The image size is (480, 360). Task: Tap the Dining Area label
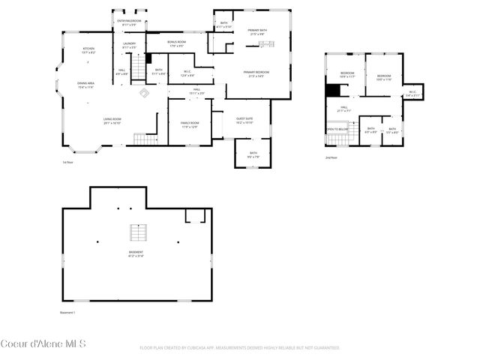pyautogui.click(x=86, y=85)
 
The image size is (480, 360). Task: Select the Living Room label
pyautogui.click(x=112, y=120)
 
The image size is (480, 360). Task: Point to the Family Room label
pyautogui.click(x=188, y=124)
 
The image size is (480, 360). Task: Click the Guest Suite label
pyautogui.click(x=244, y=120)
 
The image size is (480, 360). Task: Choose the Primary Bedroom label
pyautogui.click(x=256, y=73)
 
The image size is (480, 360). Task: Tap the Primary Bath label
pyautogui.click(x=257, y=31)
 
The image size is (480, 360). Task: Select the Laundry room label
pyautogui.click(x=129, y=46)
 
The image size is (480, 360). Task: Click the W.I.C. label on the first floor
pyautogui.click(x=187, y=73)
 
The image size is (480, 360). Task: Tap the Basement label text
pyautogui.click(x=136, y=253)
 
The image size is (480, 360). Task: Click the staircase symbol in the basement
pyautogui.click(x=136, y=231)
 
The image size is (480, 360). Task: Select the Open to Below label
pyautogui.click(x=337, y=130)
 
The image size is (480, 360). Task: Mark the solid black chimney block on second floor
pyautogui.click(x=333, y=90)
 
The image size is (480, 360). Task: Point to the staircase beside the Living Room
pyautogui.click(x=143, y=139)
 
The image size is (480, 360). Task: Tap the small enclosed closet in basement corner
pyautogui.click(x=196, y=216)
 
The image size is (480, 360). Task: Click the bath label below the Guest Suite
pyautogui.click(x=253, y=155)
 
